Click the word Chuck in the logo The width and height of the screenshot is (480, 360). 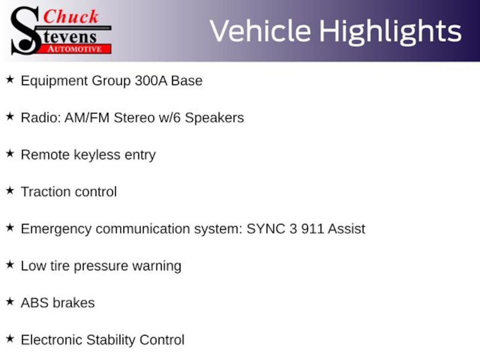(71, 16)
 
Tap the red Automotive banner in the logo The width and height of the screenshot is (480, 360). (75, 49)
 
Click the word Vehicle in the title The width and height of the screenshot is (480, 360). (261, 31)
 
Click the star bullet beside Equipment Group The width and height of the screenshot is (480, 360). (10, 80)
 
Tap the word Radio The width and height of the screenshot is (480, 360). (41, 118)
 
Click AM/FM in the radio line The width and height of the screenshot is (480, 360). (87, 118)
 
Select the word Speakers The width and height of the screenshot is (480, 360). (214, 118)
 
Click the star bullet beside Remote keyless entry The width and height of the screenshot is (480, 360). (10, 154)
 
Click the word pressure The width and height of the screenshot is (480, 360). (101, 267)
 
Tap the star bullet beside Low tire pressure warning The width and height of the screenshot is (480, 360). (10, 265)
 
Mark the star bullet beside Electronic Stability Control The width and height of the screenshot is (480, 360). (10, 339)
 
